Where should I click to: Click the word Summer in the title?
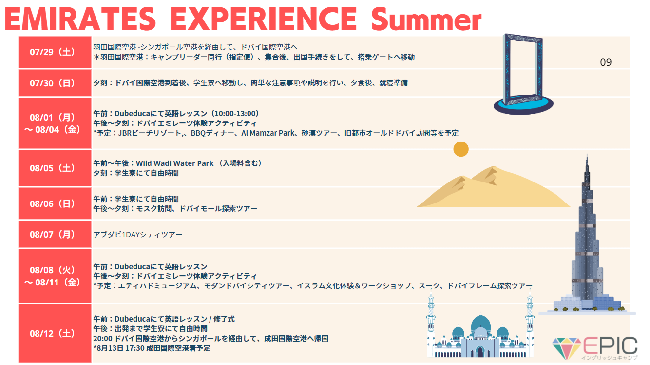(426, 19)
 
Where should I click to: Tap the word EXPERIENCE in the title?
(264, 19)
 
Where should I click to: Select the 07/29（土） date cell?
(55, 52)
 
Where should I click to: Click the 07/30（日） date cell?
(55, 83)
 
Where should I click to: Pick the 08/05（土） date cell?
(55, 168)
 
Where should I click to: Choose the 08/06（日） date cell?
(55, 203)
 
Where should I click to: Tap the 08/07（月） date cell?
(55, 234)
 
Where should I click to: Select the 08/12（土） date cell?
(55, 333)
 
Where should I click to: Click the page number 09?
(606, 62)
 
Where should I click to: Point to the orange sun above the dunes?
(461, 149)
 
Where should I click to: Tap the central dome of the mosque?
(481, 324)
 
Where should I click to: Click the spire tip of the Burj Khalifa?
(587, 155)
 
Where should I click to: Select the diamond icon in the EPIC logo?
(566, 348)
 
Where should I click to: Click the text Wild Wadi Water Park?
(175, 163)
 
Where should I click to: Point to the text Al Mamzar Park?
(268, 133)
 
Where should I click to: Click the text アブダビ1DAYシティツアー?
(138, 235)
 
